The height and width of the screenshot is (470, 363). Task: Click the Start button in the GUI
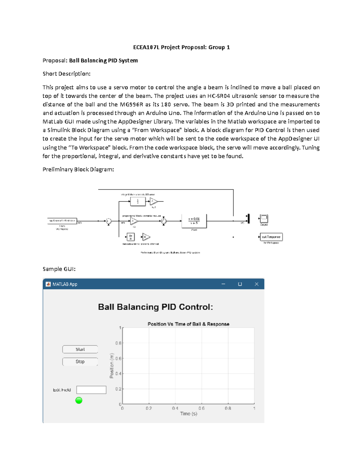click(x=80, y=349)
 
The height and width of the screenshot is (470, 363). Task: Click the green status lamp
click(x=79, y=400)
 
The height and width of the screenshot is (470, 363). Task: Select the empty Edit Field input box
click(x=91, y=390)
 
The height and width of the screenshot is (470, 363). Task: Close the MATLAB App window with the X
click(x=257, y=284)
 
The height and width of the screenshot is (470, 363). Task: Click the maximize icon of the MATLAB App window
click(x=240, y=284)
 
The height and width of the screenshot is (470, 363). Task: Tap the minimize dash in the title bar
click(x=223, y=284)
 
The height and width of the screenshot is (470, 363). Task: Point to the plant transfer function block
click(x=194, y=221)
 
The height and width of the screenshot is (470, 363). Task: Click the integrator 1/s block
click(x=138, y=201)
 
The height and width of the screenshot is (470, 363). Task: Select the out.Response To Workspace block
click(x=271, y=237)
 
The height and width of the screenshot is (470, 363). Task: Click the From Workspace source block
click(x=62, y=221)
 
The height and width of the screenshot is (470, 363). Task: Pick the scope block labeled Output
click(x=264, y=218)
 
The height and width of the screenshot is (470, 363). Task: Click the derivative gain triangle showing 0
click(x=146, y=237)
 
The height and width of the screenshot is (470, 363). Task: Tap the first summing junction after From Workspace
click(x=108, y=221)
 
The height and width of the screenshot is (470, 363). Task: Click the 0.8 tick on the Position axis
click(x=118, y=343)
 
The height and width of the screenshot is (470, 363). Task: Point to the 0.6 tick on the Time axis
click(x=201, y=408)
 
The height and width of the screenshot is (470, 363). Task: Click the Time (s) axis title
click(x=188, y=414)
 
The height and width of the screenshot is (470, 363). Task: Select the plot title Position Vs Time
click(x=188, y=324)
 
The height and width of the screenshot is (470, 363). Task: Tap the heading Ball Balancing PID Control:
click(x=155, y=307)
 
